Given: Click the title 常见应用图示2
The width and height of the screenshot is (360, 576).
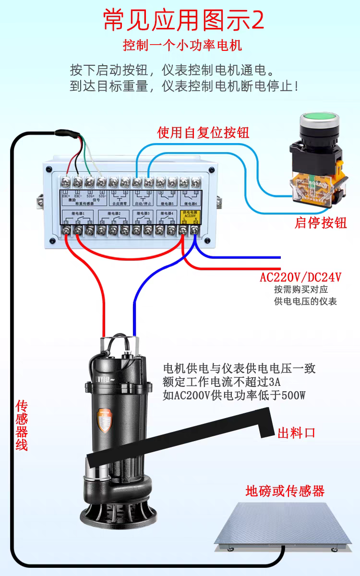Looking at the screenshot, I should coord(183,21).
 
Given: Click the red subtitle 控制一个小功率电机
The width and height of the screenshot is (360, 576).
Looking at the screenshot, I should coord(182,46).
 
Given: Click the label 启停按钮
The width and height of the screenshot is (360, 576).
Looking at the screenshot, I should coord(321,223).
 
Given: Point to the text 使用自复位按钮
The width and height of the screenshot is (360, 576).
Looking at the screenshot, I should coord(203,132).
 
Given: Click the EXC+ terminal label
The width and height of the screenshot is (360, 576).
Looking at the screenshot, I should coord(65,196).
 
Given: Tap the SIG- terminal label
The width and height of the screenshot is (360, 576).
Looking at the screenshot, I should coord(101,196).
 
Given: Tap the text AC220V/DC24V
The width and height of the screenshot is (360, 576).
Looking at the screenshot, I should coord(300,277).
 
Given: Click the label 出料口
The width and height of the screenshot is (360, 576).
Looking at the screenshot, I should coord(296,432).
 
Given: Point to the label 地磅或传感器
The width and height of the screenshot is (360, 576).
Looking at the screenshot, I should coord(285,491).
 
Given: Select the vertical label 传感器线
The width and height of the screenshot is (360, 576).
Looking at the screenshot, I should coord(22,425).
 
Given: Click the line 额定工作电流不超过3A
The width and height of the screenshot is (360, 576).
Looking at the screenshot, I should coord(222,382).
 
